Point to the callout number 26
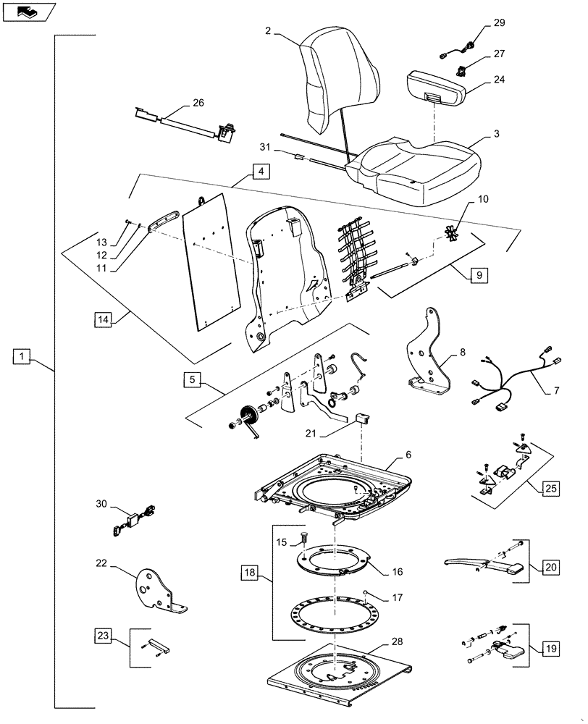coord(198,104)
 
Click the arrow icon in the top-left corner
coord(28,11)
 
